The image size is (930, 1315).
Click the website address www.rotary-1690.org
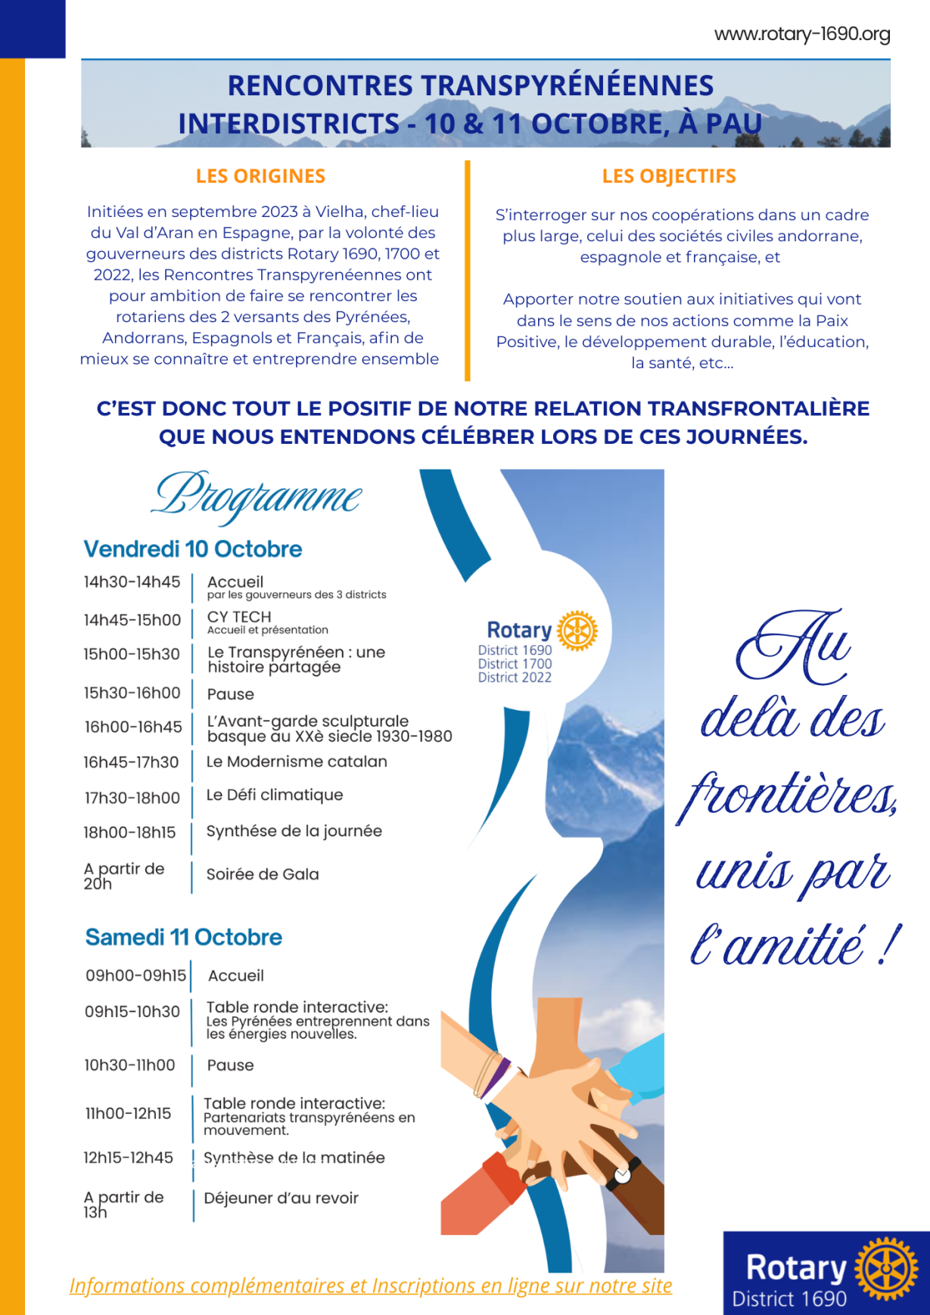[802, 34]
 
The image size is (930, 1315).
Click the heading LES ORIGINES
[260, 176]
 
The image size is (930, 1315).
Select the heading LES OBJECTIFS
[669, 176]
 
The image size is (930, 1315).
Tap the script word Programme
[257, 497]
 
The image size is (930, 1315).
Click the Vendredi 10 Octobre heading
[193, 549]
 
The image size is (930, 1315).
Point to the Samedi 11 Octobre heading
[184, 938]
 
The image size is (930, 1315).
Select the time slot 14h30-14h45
[132, 582]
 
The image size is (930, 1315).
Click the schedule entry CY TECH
[239, 617]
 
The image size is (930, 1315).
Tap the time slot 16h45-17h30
[131, 762]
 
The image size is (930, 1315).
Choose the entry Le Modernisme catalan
[297, 761]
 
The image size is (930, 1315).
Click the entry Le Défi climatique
[275, 795]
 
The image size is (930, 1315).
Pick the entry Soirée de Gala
[263, 874]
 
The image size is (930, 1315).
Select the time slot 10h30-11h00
[129, 1065]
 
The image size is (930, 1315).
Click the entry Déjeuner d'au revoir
[281, 1198]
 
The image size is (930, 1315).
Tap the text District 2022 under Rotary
[515, 678]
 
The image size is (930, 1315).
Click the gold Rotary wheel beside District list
[577, 631]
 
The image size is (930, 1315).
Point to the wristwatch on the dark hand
[623, 1174]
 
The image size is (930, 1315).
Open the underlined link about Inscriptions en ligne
[371, 1286]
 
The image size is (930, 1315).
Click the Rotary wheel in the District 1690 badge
[885, 1269]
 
